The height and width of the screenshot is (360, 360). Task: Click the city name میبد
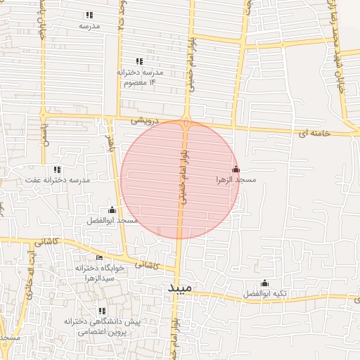[179, 289]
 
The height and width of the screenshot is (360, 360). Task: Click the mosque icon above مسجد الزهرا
[236, 169]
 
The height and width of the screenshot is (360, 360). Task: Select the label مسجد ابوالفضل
[112, 221]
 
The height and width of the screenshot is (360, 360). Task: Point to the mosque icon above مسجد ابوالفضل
[112, 210]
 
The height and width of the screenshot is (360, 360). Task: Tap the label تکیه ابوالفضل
[264, 293]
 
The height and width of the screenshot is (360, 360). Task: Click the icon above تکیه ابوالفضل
[264, 283]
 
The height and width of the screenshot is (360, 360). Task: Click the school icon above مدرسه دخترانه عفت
[57, 169]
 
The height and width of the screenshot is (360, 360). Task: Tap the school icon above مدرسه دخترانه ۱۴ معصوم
[139, 61]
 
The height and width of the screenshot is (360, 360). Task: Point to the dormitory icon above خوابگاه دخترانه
[99, 257]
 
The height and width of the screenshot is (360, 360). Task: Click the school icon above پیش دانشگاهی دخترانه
[103, 311]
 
